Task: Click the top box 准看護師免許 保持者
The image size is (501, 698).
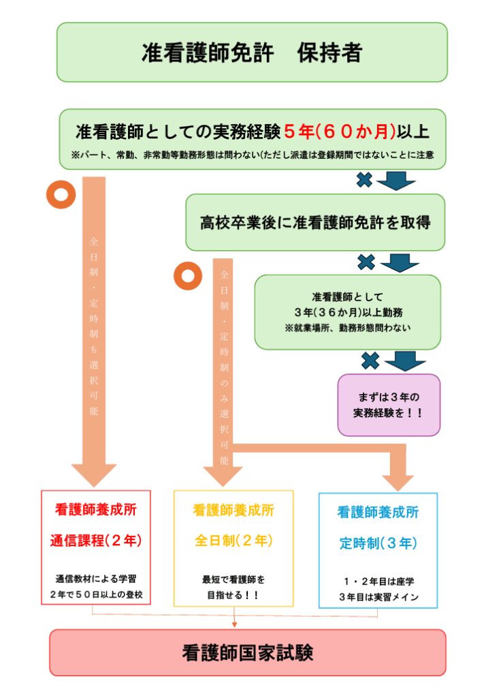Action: click(x=252, y=52)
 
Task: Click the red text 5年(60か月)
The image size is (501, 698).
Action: click(x=336, y=130)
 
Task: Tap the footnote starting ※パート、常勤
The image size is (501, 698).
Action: click(x=253, y=155)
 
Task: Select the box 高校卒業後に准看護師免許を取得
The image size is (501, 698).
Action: click(x=315, y=222)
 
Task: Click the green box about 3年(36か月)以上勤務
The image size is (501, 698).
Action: click(x=347, y=312)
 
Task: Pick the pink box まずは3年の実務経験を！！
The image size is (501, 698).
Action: click(x=389, y=404)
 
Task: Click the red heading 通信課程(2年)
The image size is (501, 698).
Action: click(x=95, y=541)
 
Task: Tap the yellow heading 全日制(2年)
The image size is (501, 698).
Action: click(x=233, y=541)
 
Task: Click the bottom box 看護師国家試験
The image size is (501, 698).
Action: click(x=248, y=652)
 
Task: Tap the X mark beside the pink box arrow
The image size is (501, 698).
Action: click(x=370, y=360)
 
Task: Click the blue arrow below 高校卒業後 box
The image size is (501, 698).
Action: click(x=400, y=262)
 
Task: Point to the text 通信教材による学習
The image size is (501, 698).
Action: click(x=95, y=579)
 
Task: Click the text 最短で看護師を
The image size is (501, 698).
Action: click(x=233, y=580)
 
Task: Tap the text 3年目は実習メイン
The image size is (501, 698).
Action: click(x=378, y=597)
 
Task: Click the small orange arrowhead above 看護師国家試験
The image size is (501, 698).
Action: click(x=234, y=622)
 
